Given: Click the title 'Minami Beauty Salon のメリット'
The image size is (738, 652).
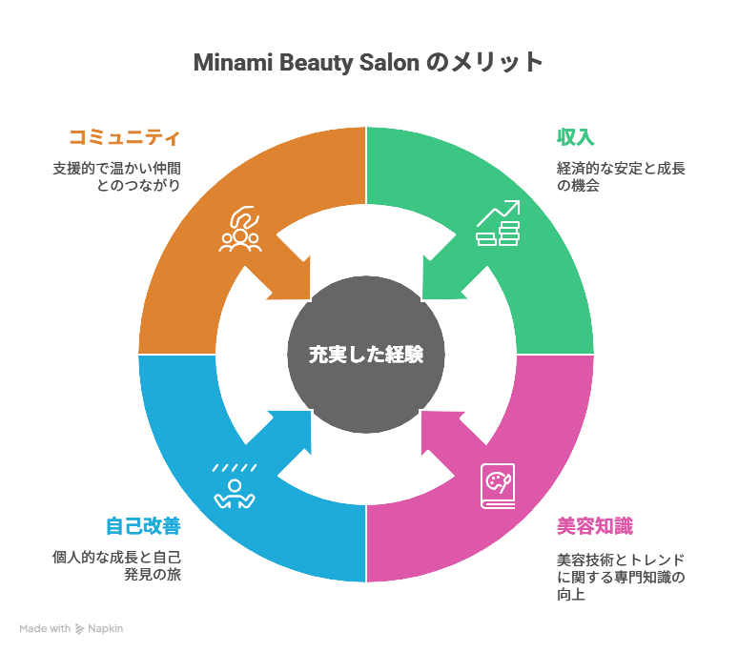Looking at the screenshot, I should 368,63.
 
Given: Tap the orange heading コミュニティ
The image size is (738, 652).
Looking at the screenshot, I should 123,137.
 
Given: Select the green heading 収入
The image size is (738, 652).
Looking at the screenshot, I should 575,137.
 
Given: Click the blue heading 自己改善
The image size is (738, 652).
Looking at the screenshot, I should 142,526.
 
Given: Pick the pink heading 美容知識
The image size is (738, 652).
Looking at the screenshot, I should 595,526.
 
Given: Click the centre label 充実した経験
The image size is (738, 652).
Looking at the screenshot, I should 366,355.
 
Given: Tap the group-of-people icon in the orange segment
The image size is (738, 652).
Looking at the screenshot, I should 240,230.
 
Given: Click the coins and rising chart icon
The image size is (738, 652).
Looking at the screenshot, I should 498,224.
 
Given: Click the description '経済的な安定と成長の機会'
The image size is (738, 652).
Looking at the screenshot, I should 621,177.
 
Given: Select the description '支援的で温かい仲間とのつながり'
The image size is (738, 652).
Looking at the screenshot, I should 116,177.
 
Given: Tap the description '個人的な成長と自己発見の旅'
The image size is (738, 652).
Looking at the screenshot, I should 116,566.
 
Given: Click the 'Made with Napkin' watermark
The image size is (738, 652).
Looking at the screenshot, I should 72,629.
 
